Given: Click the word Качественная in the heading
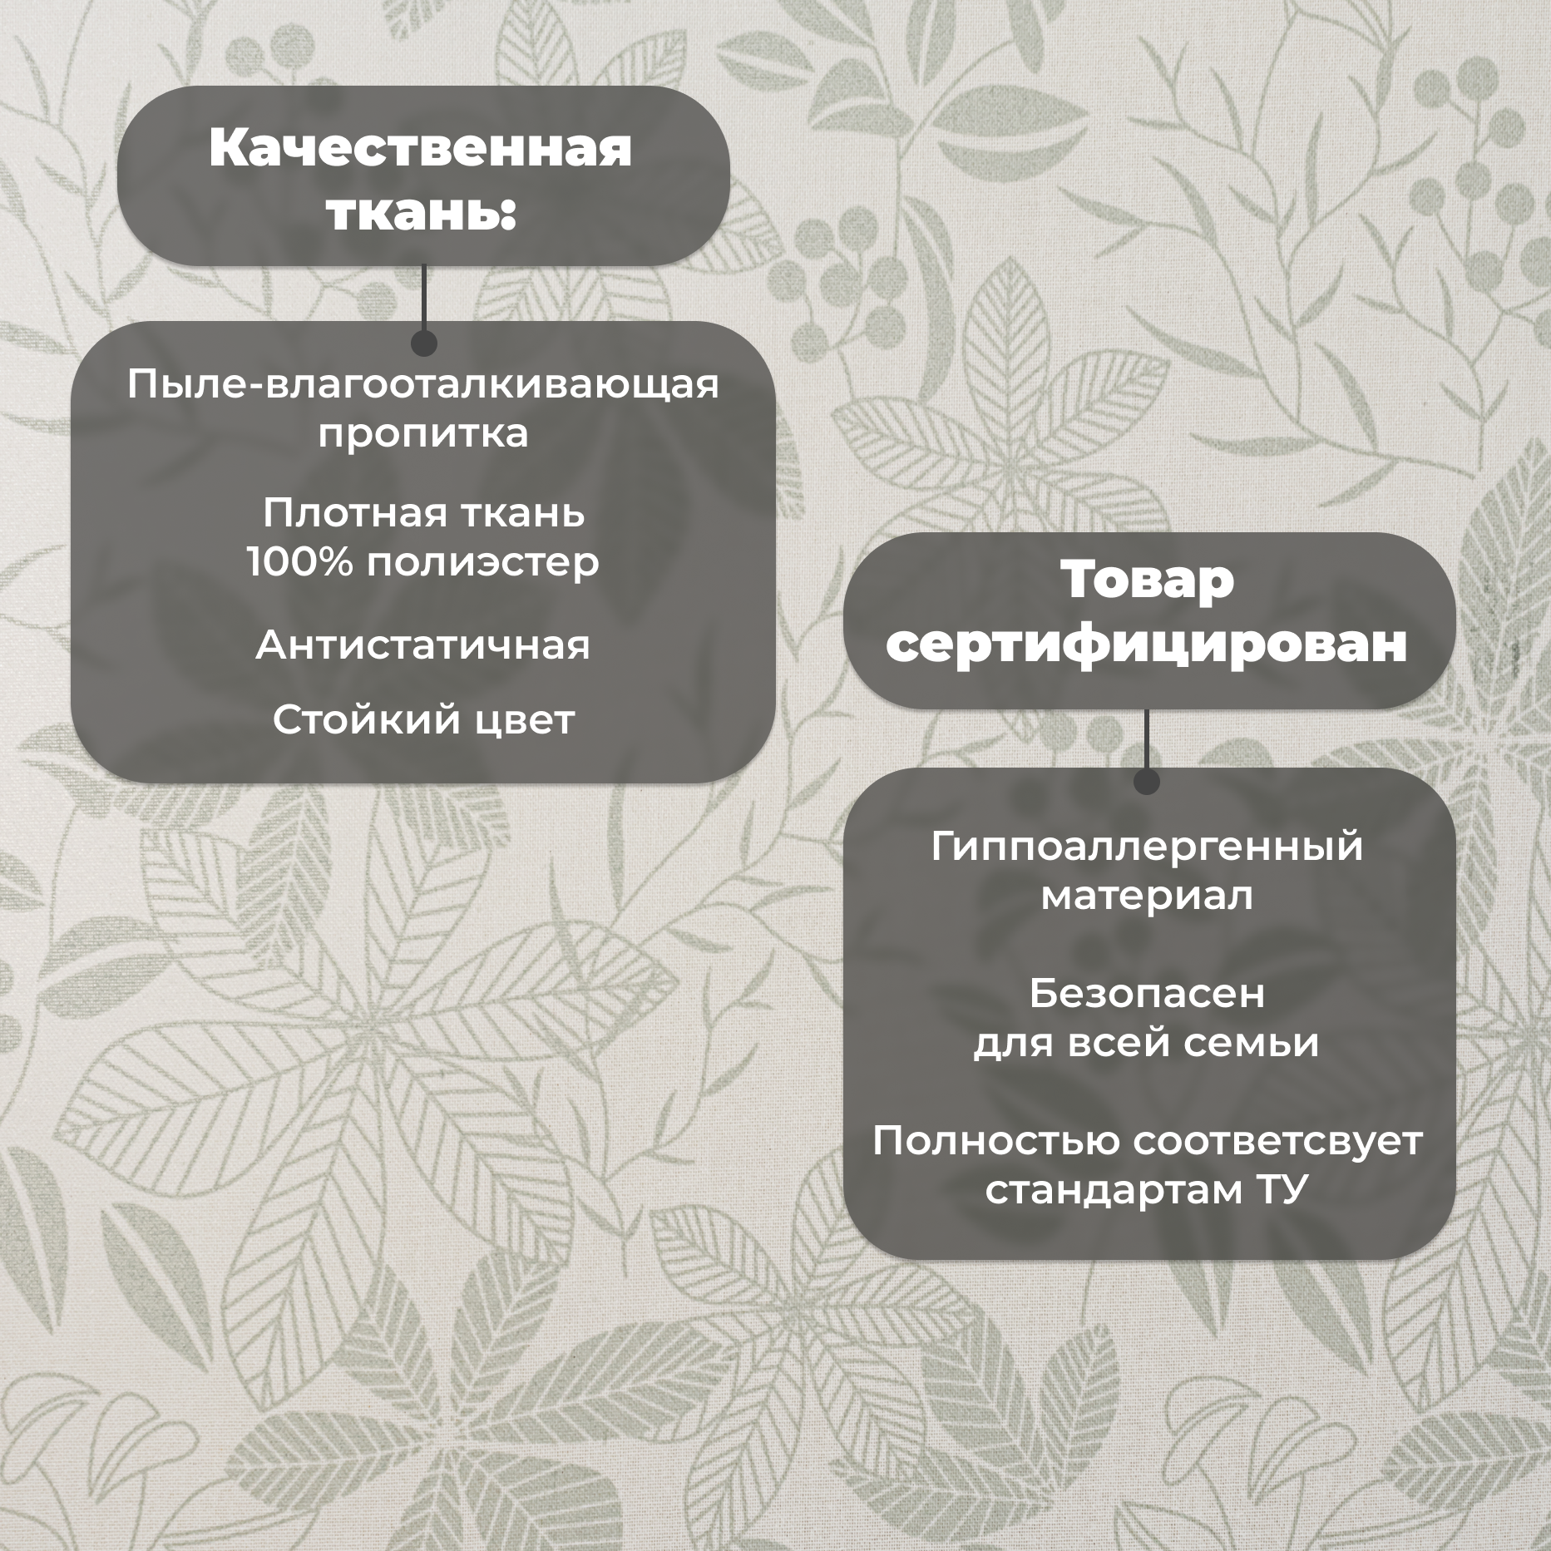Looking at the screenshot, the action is point(421,148).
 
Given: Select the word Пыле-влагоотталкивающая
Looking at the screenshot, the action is point(422,385).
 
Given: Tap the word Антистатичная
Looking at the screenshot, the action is point(422,645).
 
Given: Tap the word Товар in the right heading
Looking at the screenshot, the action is point(1148,580).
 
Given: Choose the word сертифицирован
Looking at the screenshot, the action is point(1148,645).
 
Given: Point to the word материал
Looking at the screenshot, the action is point(1148,897).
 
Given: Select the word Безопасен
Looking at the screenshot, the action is point(1148,993).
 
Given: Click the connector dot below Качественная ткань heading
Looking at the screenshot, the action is point(424,343).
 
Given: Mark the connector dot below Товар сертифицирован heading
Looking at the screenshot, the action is point(1147,781).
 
